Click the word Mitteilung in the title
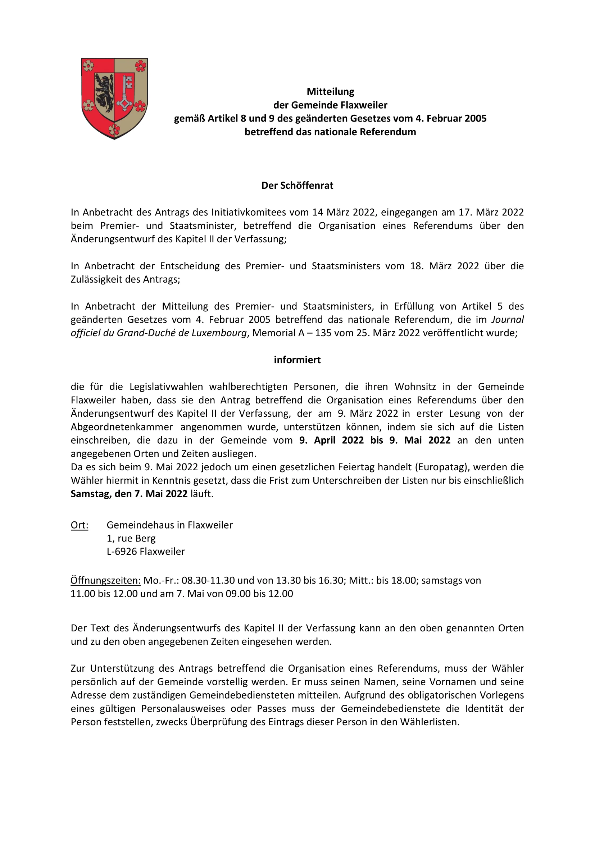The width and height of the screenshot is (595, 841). tap(331, 92)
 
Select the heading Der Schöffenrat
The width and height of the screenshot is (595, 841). tap(297, 186)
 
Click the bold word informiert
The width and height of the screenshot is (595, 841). tap(297, 360)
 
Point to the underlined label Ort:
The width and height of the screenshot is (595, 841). tap(80, 525)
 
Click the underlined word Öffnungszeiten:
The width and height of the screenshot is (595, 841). tap(105, 580)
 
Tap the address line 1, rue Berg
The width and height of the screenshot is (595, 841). tap(131, 538)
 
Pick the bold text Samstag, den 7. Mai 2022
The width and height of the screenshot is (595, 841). tap(129, 494)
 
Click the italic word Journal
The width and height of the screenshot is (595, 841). tap(508, 319)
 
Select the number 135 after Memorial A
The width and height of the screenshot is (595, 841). tap(323, 333)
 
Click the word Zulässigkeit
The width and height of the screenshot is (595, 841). tap(97, 279)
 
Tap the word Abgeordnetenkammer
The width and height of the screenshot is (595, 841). tap(122, 427)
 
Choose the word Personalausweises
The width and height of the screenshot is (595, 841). tap(183, 708)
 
